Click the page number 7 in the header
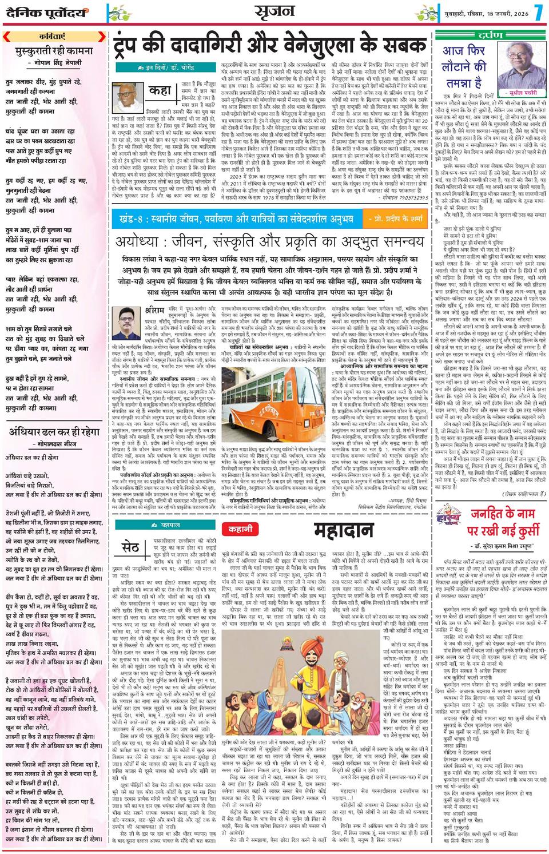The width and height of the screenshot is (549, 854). point(539,11)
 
